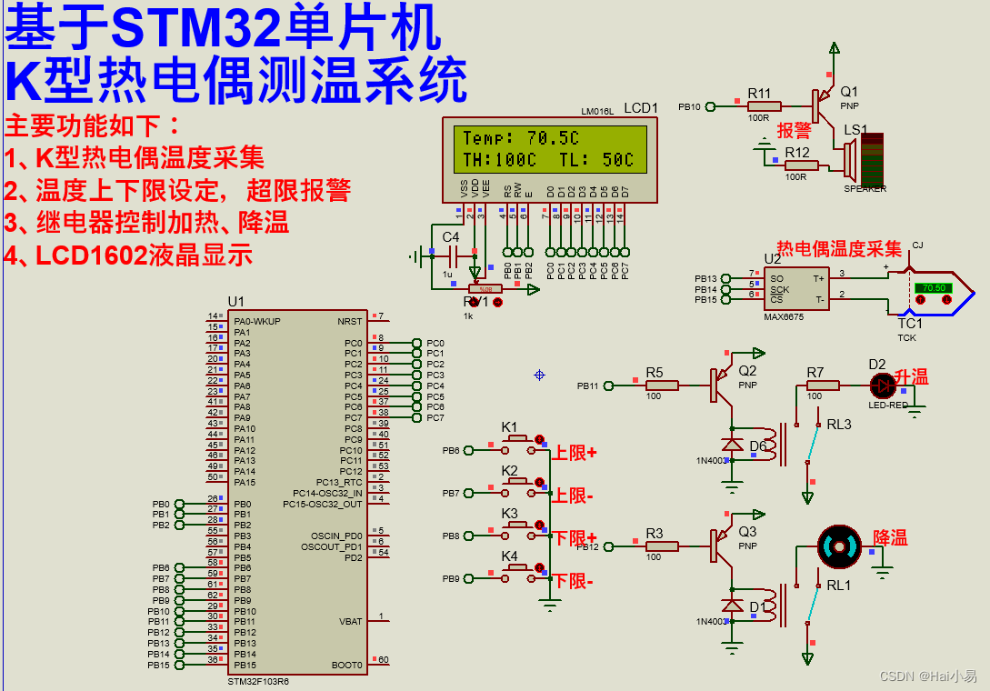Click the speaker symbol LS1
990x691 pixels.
point(849,163)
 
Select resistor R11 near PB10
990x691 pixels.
point(759,107)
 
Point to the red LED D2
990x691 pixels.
point(879,385)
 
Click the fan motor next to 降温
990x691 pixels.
point(837,546)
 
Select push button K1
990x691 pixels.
point(521,440)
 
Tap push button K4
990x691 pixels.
point(521,570)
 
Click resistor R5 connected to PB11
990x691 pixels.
point(661,386)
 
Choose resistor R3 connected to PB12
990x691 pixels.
point(661,546)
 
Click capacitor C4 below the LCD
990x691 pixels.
point(451,257)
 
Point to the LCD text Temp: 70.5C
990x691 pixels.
point(520,138)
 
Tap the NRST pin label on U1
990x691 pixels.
point(349,321)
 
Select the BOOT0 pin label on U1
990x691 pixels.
point(347,665)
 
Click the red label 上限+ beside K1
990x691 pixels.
point(575,453)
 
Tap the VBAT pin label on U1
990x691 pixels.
point(350,622)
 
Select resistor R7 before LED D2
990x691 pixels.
point(815,386)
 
